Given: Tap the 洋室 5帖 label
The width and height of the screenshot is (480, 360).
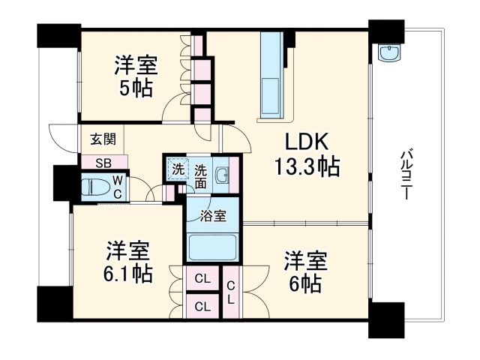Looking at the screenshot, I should [134, 76].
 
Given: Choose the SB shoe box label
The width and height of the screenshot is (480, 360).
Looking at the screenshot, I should [103, 162].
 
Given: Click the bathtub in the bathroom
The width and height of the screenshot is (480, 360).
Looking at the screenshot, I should [213, 247].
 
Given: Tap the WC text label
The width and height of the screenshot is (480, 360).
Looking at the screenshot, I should [118, 186].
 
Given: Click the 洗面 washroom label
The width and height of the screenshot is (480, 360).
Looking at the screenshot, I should [201, 175].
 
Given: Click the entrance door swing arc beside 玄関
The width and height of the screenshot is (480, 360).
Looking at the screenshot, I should [61, 137].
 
